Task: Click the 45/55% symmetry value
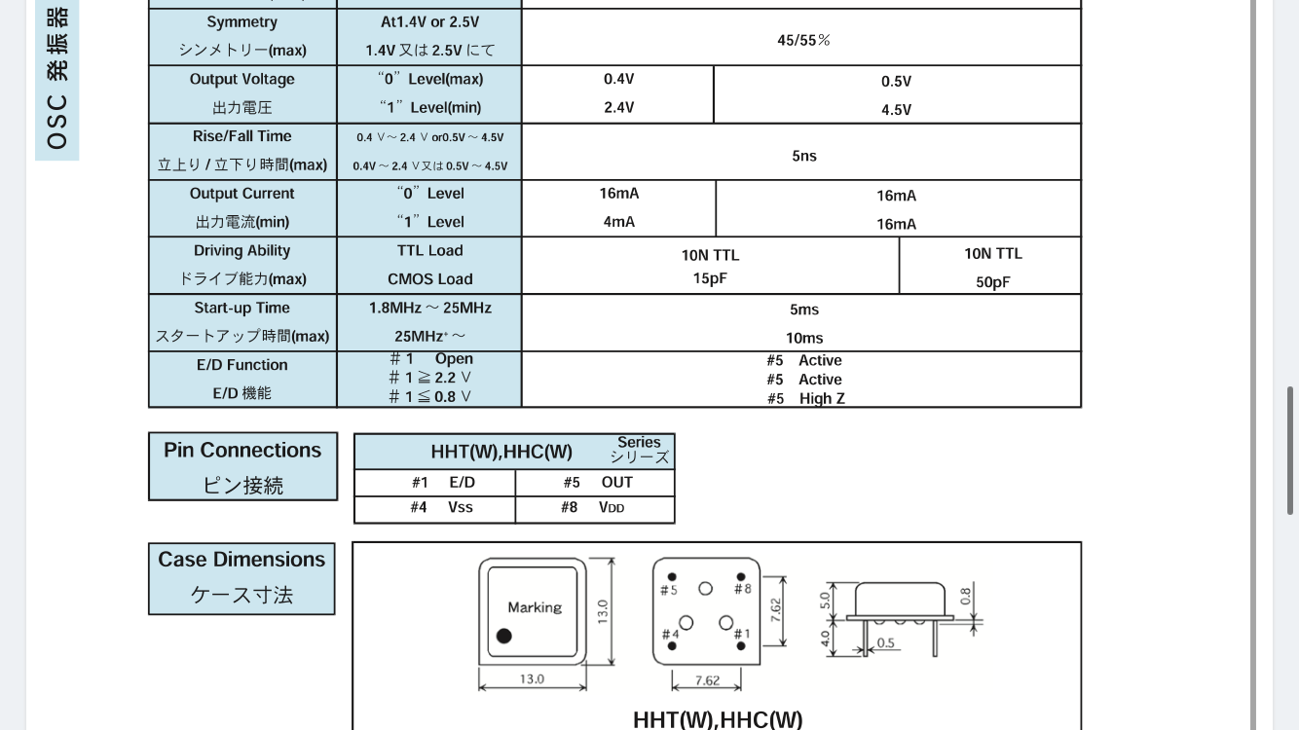803,40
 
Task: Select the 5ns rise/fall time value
803,156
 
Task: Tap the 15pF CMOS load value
710,278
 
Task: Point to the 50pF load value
992,282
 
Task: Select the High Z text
822,398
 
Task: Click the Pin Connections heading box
242,467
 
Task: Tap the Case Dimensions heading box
241,578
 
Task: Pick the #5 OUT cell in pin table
596,483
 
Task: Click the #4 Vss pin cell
434,508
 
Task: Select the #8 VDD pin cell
595,508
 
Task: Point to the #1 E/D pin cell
434,483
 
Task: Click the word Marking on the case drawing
535,607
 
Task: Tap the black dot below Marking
503,636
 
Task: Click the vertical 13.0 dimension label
603,611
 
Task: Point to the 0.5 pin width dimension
885,643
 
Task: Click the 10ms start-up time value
803,338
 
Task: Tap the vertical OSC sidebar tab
57,78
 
